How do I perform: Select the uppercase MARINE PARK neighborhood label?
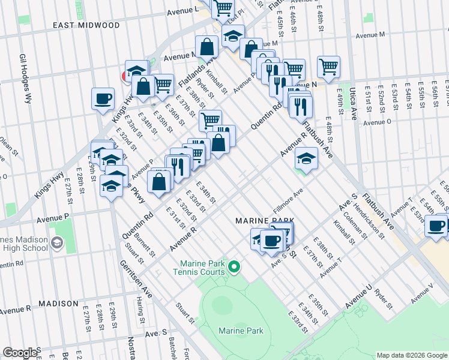click(259, 221)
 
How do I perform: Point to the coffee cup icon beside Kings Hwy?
click(103, 98)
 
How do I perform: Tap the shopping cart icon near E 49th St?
click(328, 67)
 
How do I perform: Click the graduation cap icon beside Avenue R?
click(306, 160)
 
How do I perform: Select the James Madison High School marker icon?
click(57, 243)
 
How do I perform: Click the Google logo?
click(20, 353)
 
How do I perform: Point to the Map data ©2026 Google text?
click(411, 355)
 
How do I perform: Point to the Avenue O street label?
click(377, 122)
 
